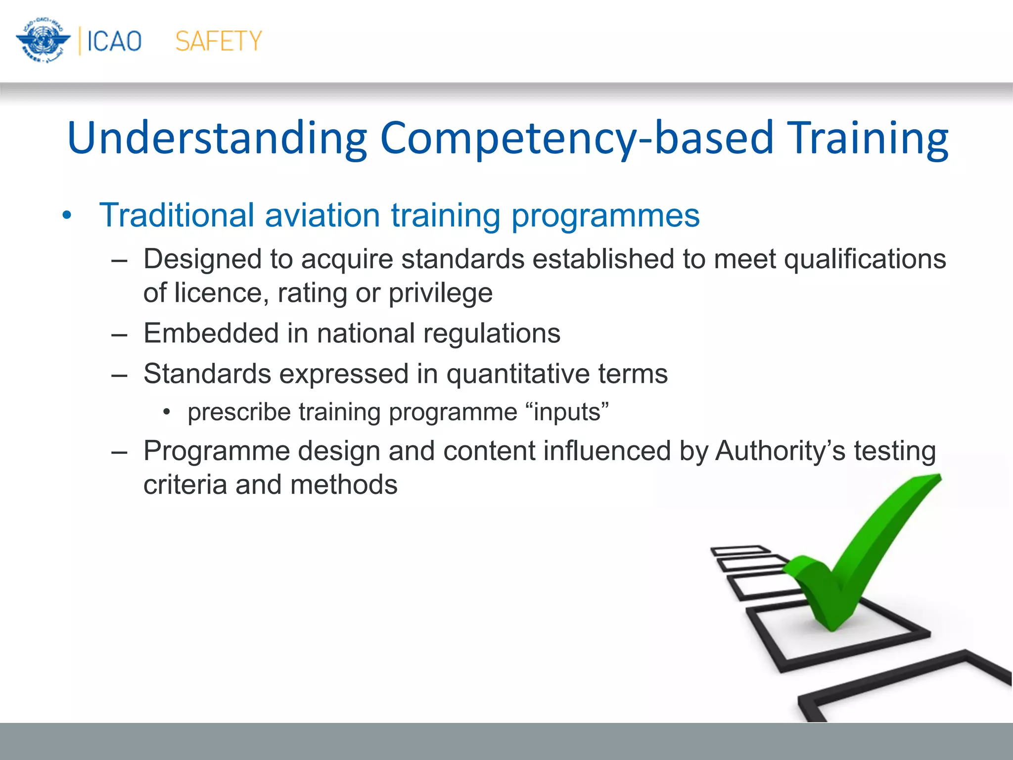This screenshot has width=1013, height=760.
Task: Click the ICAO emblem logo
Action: [x=44, y=41]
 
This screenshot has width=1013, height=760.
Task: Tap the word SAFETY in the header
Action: [x=219, y=41]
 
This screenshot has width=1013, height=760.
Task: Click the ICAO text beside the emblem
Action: [x=114, y=41]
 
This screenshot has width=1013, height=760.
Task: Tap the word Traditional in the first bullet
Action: [x=177, y=215]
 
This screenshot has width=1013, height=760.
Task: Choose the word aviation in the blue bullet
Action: [x=322, y=215]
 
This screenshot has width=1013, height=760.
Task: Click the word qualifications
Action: [x=865, y=259]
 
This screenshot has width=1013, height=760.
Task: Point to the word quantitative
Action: [x=518, y=374]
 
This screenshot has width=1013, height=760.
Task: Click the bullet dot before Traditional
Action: [x=67, y=216]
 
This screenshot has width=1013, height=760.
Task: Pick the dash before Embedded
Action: [x=119, y=334]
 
